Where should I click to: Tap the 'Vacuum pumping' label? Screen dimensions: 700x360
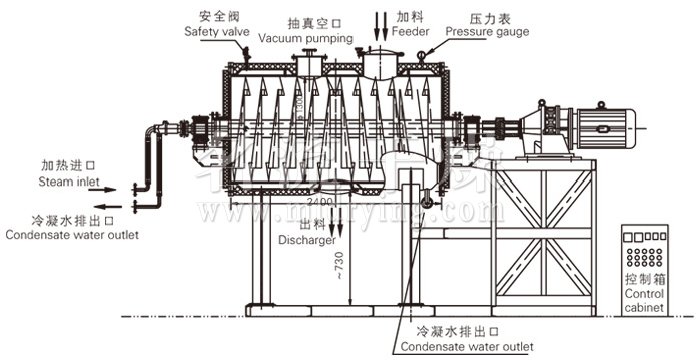(306, 38)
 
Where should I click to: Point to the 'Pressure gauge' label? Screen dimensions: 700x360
(487, 32)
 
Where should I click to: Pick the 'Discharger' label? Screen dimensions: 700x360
(306, 240)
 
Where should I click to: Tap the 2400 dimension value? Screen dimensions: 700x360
(321, 203)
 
